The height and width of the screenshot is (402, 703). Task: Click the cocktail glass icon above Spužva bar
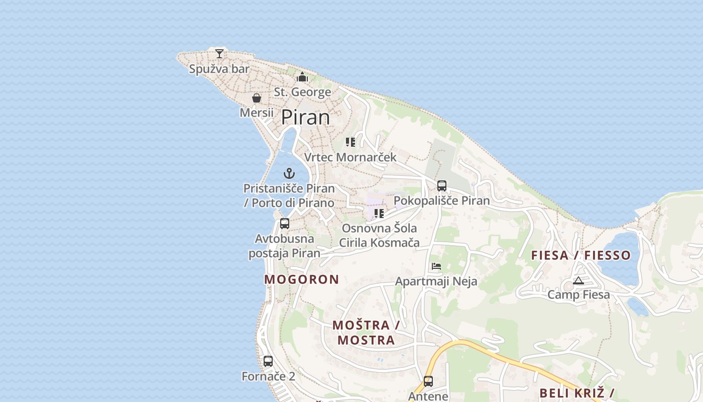pyautogui.click(x=219, y=53)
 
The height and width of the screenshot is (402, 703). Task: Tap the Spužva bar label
pyautogui.click(x=219, y=69)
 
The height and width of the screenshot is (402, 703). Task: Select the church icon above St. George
pyautogui.click(x=302, y=77)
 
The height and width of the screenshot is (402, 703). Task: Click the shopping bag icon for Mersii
pyautogui.click(x=257, y=98)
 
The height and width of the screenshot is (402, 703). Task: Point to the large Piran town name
pyautogui.click(x=305, y=117)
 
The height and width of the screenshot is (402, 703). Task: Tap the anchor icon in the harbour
pyautogui.click(x=289, y=174)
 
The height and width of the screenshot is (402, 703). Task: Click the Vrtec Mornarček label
pyautogui.click(x=350, y=157)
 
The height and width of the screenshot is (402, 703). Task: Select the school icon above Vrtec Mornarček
pyautogui.click(x=350, y=142)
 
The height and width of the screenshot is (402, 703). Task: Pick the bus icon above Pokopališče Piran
pyautogui.click(x=442, y=186)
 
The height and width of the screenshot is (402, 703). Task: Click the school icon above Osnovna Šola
pyautogui.click(x=379, y=214)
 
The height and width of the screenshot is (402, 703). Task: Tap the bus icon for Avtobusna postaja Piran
pyautogui.click(x=285, y=224)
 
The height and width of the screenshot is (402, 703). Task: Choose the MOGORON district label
pyautogui.click(x=302, y=279)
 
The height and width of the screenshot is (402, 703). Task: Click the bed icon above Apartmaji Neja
pyautogui.click(x=436, y=266)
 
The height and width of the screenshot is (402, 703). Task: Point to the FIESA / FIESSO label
pyautogui.click(x=581, y=255)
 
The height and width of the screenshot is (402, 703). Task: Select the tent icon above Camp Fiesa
pyautogui.click(x=578, y=281)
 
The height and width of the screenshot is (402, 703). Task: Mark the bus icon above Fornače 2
pyautogui.click(x=268, y=361)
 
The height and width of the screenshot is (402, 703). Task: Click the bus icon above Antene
pyautogui.click(x=428, y=381)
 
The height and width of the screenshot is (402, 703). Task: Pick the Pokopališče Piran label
pyautogui.click(x=441, y=201)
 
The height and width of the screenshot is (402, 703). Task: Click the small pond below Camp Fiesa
pyautogui.click(x=638, y=306)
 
